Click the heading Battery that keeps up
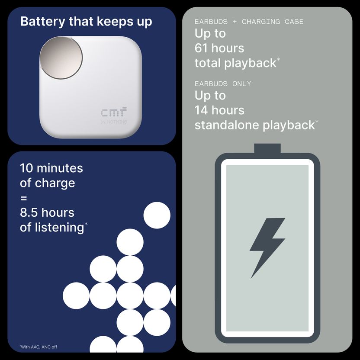point(86,22)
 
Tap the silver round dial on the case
point(61,58)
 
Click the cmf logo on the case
point(114,112)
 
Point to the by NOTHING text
point(114,122)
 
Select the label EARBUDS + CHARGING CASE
point(249,22)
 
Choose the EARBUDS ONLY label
point(223,84)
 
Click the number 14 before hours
point(201,110)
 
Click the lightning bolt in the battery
point(267,248)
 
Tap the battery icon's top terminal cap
point(267,148)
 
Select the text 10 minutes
point(51,168)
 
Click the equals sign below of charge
point(24,198)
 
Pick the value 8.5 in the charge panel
point(29,212)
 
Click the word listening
point(59,228)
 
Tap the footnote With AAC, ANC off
point(39,347)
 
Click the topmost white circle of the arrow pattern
point(157,215)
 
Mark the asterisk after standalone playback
point(317,121)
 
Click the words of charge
point(48,183)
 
